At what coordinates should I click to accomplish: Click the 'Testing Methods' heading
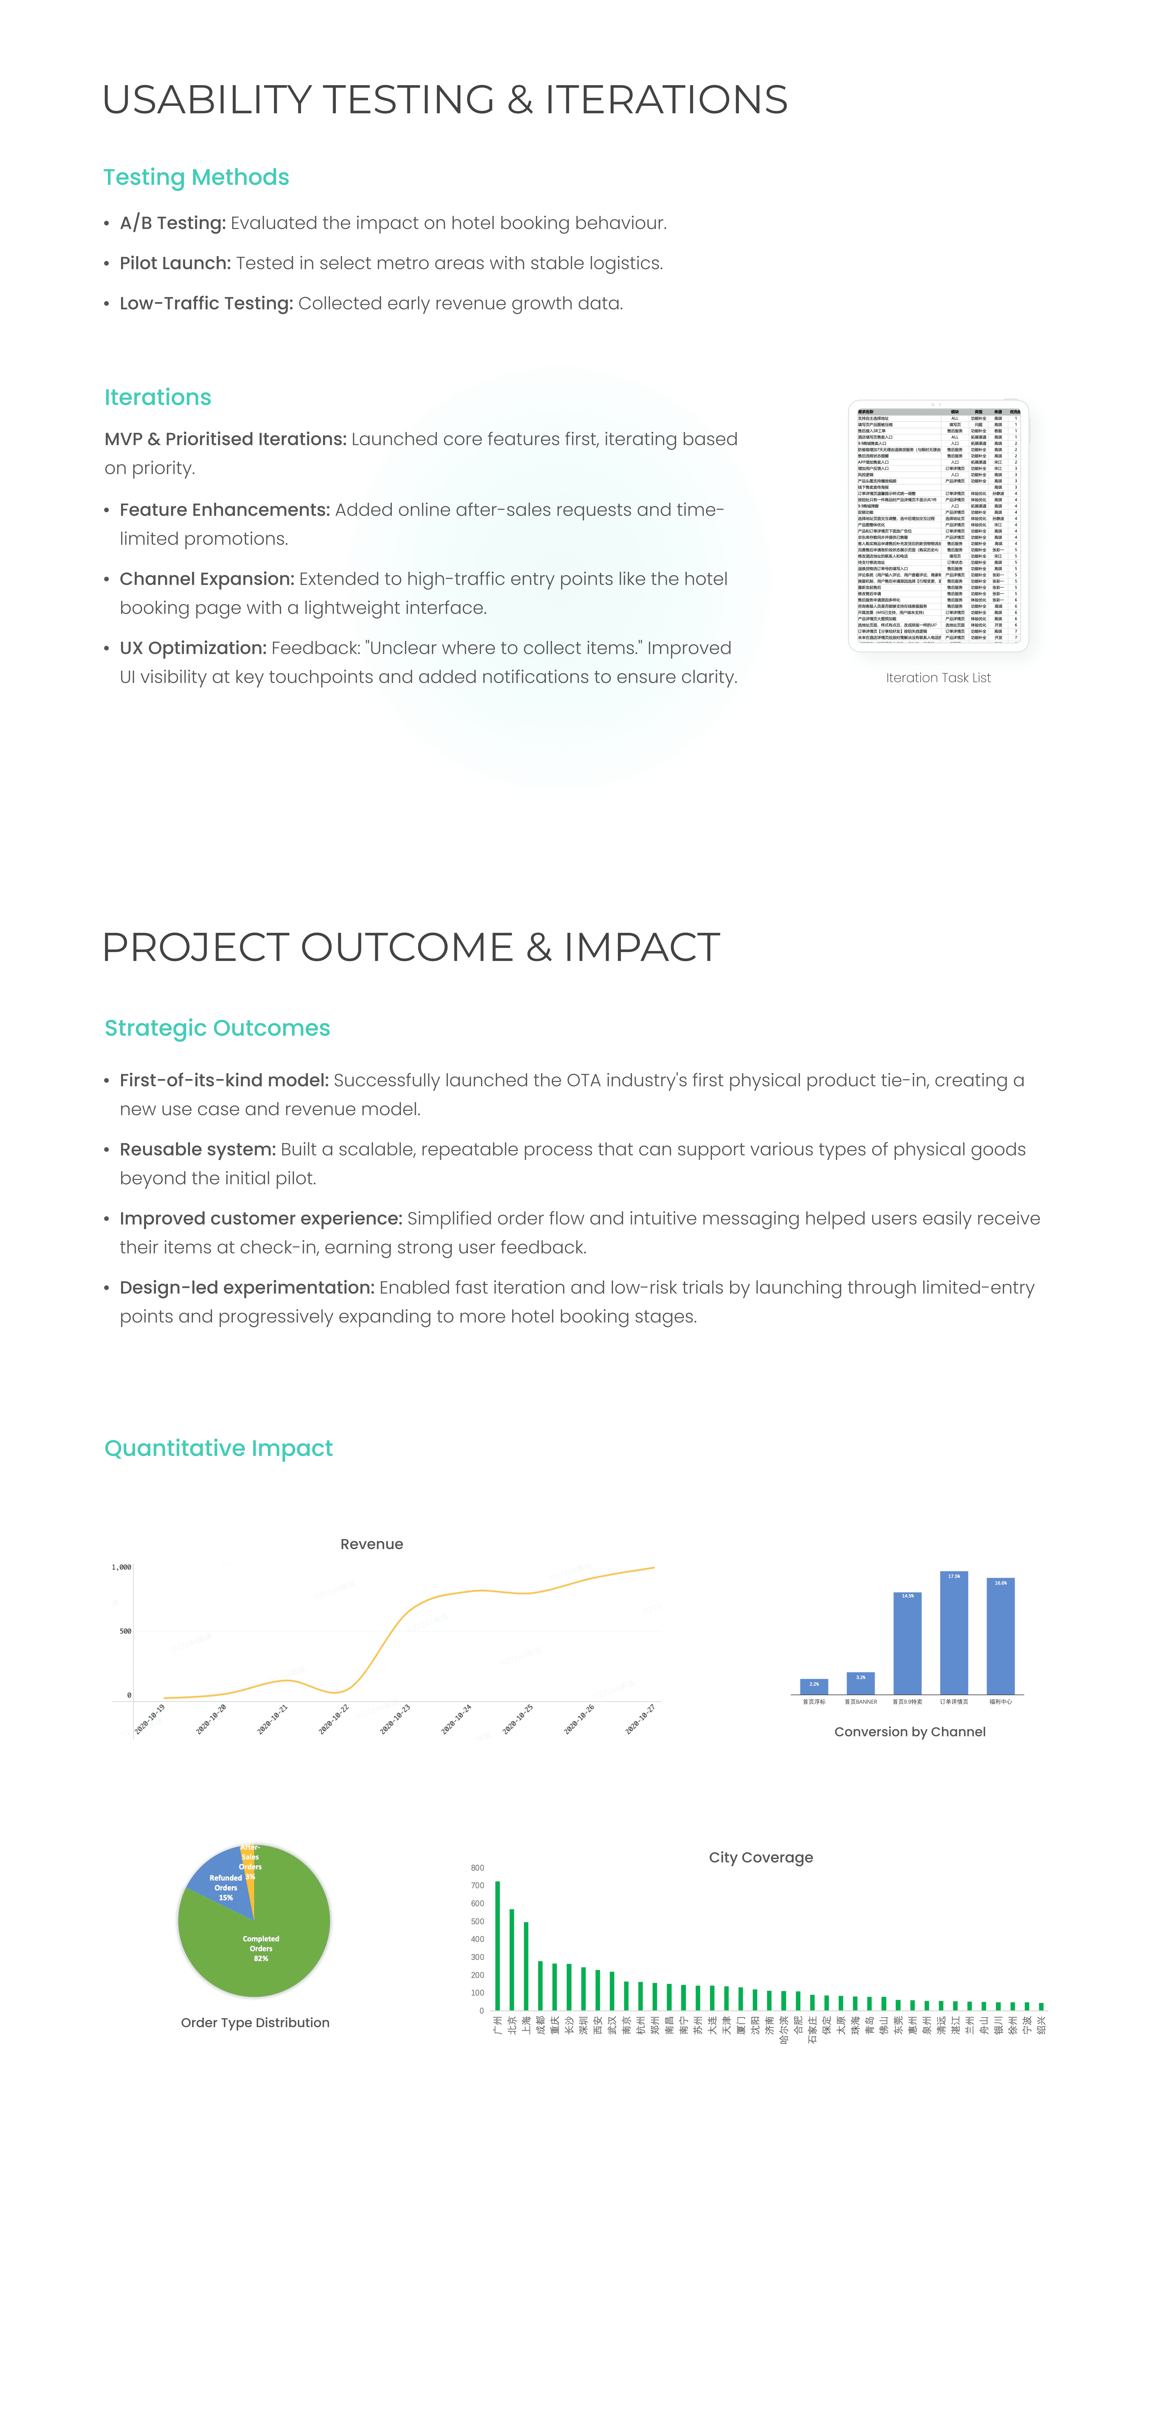click(196, 177)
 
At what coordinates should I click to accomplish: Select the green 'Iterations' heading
click(157, 397)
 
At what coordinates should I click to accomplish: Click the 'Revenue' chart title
click(372, 1544)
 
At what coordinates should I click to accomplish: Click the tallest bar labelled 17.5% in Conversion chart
click(953, 1634)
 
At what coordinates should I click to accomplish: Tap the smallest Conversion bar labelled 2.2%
click(813, 1686)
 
